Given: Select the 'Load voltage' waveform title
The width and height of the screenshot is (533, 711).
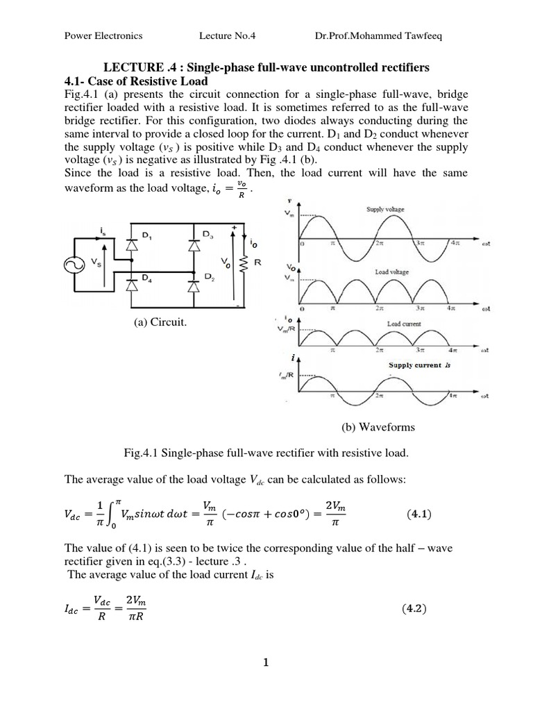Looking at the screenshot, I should (391, 272).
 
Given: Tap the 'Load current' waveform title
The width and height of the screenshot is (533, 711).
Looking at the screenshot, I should (403, 324).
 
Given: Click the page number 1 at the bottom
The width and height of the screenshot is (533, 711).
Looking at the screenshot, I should (266, 662).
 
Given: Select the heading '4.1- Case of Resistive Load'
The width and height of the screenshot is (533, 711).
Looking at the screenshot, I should (136, 81).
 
